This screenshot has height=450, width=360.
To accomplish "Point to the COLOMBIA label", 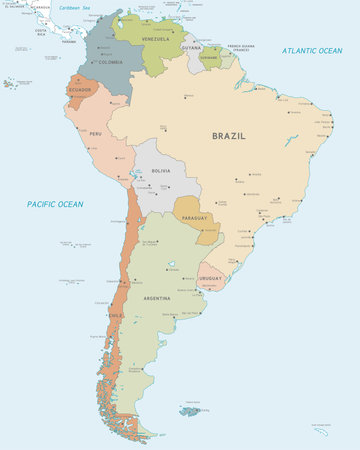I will click(x=110, y=62).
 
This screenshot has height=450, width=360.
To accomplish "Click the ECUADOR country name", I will click(x=80, y=90).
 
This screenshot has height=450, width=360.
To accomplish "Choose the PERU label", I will click(x=96, y=133).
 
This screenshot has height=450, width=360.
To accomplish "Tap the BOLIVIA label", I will click(x=160, y=171).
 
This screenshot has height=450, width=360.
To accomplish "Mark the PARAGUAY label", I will click(x=195, y=217).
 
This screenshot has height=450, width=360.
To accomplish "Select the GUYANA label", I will click(x=191, y=47).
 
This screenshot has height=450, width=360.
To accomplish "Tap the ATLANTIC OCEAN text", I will click(x=312, y=50).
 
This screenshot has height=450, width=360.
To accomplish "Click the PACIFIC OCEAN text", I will click(x=55, y=204).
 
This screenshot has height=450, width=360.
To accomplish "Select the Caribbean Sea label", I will click(x=72, y=7).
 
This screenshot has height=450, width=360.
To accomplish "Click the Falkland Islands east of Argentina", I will click(x=191, y=410).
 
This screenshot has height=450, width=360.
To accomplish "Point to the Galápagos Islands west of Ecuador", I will click(x=10, y=83).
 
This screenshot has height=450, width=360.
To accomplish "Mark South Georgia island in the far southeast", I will click(x=320, y=429).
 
